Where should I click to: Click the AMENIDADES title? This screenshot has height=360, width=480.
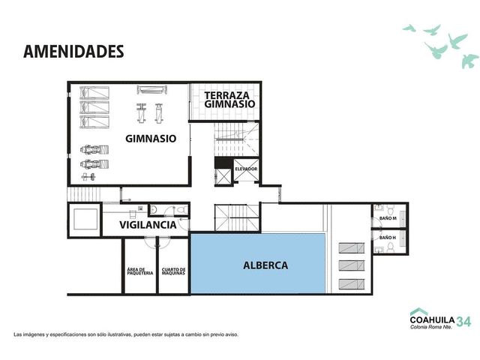(x=73, y=52)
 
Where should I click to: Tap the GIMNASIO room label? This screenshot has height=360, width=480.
(x=151, y=139)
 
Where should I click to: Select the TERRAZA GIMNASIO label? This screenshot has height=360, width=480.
(x=229, y=100)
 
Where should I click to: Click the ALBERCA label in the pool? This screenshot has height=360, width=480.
(x=265, y=265)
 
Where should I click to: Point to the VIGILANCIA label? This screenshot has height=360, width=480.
(x=148, y=225)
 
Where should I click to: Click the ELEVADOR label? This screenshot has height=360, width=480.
(x=246, y=169)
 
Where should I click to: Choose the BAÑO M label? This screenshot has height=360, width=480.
(x=388, y=218)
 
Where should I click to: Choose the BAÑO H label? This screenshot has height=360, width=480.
(x=388, y=238)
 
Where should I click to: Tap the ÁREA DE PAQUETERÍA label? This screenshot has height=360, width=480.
(x=140, y=271)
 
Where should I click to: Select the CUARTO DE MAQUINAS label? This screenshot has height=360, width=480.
(x=173, y=271)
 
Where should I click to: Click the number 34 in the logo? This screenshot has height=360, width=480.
(x=463, y=322)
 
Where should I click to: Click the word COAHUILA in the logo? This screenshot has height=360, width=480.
(x=432, y=320)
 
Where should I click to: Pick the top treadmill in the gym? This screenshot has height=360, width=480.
(x=94, y=93)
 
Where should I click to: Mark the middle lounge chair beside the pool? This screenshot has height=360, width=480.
(x=352, y=265)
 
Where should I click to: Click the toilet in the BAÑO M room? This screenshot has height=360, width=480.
(x=391, y=211)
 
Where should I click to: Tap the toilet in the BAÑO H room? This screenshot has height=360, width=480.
(x=390, y=247)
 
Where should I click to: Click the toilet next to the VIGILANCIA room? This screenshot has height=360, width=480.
(x=182, y=210)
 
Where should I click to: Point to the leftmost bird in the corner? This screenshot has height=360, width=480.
(x=409, y=28)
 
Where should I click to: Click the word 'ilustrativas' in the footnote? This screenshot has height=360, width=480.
(x=121, y=334)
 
